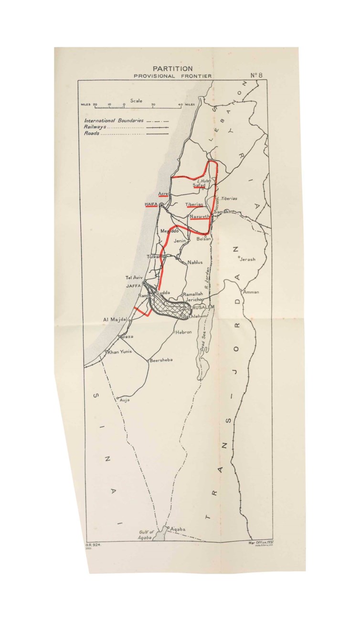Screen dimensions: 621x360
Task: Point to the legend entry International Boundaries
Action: click(x=114, y=121)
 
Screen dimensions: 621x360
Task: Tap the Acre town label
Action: click(x=163, y=193)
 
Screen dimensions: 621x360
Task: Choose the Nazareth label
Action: click(x=200, y=217)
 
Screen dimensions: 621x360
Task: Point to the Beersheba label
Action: click(x=161, y=360)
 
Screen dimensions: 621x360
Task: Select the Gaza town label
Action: click(x=127, y=337)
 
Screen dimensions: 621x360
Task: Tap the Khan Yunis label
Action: click(x=119, y=352)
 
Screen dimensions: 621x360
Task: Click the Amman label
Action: click(x=251, y=292)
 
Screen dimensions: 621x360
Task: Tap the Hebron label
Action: click(x=184, y=332)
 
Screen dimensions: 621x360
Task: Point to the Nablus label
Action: click(x=195, y=262)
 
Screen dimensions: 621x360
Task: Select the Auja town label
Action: click(x=125, y=400)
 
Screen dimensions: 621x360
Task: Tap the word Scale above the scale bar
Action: click(x=136, y=101)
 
